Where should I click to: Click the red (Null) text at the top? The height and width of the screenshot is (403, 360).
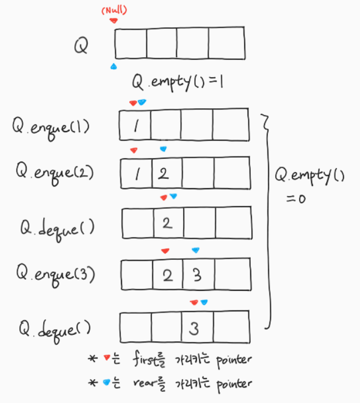point(114,11)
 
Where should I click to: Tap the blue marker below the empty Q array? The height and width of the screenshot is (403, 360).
point(114,67)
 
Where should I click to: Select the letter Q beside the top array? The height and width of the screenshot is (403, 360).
point(81,45)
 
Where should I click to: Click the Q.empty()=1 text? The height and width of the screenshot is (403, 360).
point(178,82)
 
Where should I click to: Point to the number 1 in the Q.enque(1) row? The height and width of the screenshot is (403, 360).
point(136,125)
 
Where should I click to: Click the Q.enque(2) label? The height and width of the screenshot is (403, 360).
point(55,173)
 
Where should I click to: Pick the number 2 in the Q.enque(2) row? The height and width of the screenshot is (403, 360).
point(163,174)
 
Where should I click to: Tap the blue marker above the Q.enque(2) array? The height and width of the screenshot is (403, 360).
point(163,149)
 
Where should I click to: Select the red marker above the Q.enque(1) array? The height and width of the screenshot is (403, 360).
point(133,103)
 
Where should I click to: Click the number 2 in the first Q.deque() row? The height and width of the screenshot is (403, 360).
point(168,223)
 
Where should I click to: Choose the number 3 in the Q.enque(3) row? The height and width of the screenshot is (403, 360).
point(197,275)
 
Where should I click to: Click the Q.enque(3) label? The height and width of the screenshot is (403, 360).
point(55,275)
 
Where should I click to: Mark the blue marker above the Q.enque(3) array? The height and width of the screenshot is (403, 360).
point(196,250)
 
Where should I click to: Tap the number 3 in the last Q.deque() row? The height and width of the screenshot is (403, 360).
point(194,329)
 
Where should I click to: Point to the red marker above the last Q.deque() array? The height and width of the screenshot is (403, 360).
point(194,303)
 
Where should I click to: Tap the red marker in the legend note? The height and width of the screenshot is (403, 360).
point(107,357)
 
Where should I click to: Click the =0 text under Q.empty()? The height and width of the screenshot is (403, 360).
point(296,199)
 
